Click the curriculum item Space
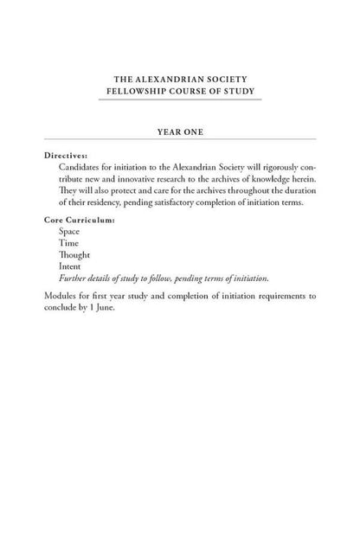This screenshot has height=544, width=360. (x=68, y=233)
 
